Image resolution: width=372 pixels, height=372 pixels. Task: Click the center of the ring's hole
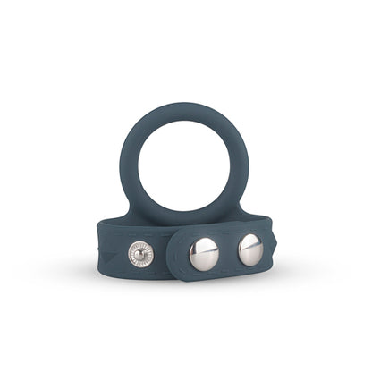point(187,161)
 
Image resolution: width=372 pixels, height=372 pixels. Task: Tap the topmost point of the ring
point(187,105)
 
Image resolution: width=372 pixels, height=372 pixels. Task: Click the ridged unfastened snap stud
point(140,253)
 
